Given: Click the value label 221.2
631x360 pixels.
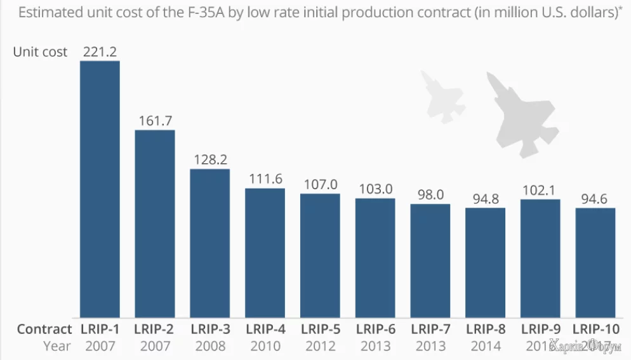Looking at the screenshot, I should click(100, 51).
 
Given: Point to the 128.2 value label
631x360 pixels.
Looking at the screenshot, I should click(209, 159).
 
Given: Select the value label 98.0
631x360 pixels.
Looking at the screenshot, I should click(430, 195).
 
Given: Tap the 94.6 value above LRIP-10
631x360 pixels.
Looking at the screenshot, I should click(595, 199).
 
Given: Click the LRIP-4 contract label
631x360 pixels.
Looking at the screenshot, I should click(265, 329).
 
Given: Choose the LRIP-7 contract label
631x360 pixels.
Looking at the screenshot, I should click(430, 329).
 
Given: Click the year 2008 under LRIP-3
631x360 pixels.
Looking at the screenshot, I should click(210, 346).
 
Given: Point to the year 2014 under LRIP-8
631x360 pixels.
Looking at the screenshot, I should click(486, 346).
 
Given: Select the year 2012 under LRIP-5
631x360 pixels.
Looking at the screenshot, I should click(320, 346).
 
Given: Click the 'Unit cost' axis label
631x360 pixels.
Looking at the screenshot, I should click(40, 52).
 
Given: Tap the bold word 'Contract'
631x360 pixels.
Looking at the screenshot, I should click(44, 329).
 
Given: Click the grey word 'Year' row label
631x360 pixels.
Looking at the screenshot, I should click(57, 346).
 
